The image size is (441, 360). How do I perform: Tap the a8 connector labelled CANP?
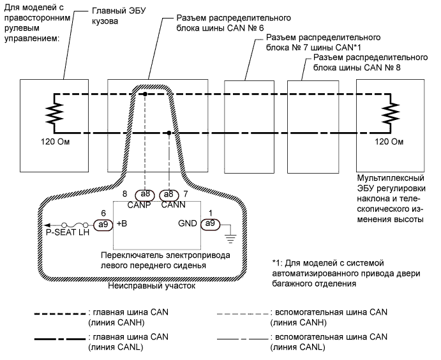pyautogui.click(x=146, y=194)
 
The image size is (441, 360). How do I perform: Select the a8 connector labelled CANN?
pyautogui.click(x=168, y=194)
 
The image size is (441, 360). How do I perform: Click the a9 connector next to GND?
pyautogui.click(x=211, y=225)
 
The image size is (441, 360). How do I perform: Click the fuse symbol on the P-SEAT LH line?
pyautogui.click(x=77, y=225)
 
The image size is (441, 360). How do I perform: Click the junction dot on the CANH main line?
pyautogui.click(x=146, y=94)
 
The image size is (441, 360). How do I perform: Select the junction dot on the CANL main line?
pyautogui.click(x=168, y=133)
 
